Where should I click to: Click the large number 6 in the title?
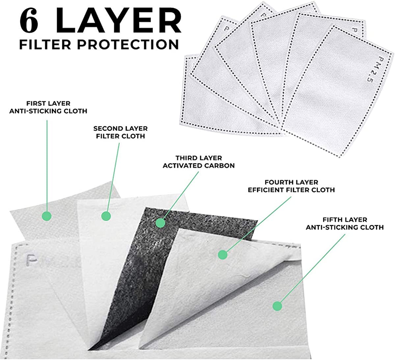pos(29,20)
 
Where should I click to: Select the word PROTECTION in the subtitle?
pos(128,44)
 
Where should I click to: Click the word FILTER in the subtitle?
pos(45,44)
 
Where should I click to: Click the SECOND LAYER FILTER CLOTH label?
pos(120,132)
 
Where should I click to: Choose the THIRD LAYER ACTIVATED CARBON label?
pos(199,162)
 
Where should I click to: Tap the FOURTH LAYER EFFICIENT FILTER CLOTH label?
pos(291,186)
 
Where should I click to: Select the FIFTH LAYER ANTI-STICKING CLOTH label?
pos(345,224)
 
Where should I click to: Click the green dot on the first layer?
pos(47,216)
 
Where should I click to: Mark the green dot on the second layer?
pos(106,216)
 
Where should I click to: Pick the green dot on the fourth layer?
pos(223,255)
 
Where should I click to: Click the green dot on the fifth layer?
pos(277,306)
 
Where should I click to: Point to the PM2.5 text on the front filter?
pos(373,70)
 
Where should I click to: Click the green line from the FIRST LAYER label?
pos(47,166)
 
